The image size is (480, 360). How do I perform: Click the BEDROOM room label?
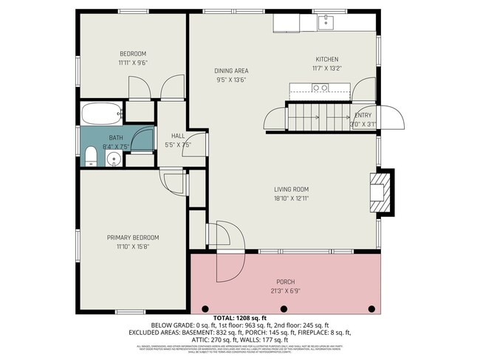[x=133, y=53]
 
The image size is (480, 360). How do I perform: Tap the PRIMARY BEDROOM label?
[x=133, y=238]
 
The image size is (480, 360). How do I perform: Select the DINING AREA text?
[x=231, y=70]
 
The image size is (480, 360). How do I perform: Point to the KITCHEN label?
[x=327, y=60]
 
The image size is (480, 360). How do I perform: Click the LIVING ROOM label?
[x=292, y=189]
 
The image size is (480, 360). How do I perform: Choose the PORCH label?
[x=286, y=282]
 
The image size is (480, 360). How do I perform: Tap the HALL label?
[x=178, y=136]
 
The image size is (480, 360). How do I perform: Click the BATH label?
[x=117, y=138]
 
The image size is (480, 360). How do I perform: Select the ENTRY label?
[x=363, y=115]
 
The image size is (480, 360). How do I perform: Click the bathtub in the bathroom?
[x=100, y=114]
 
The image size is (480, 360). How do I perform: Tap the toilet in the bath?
[x=90, y=156]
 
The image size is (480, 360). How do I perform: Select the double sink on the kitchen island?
[x=320, y=88]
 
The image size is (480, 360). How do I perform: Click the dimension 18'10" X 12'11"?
[x=292, y=198]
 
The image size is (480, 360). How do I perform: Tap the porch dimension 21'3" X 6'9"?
[x=286, y=291]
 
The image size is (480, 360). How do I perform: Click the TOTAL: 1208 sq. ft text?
[x=240, y=317]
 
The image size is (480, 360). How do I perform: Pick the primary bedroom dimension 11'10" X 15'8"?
[x=133, y=246]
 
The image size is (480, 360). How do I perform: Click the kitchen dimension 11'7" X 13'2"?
[x=327, y=69]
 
